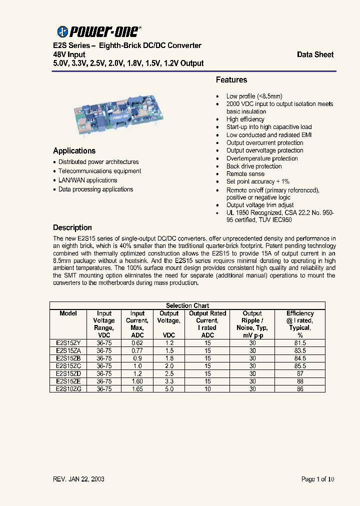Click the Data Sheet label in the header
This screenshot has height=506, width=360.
tap(315, 54)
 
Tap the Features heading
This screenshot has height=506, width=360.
tap(231, 80)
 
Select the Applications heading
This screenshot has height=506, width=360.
tap(74, 150)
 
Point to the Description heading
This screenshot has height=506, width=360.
tap(72, 227)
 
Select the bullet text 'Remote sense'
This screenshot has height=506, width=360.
tap(245, 174)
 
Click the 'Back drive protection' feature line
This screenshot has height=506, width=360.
tap(254, 166)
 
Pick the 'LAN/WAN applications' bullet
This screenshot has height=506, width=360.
tap(87, 180)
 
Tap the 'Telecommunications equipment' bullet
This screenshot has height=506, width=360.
tap(99, 171)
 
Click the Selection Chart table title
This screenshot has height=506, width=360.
tap(187, 305)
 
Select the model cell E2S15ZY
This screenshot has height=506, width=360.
tap(68, 343)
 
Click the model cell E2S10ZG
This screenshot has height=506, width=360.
tap(68, 388)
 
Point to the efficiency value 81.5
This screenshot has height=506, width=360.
tap(300, 343)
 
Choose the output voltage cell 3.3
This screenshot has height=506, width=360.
tap(169, 380)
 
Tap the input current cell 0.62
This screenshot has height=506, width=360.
tap(137, 343)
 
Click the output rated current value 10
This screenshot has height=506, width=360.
tap(207, 388)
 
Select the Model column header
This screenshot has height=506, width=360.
tap(68, 313)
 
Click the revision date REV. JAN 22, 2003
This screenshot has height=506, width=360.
tap(78, 479)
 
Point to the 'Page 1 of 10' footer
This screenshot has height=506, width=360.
tap(317, 479)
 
